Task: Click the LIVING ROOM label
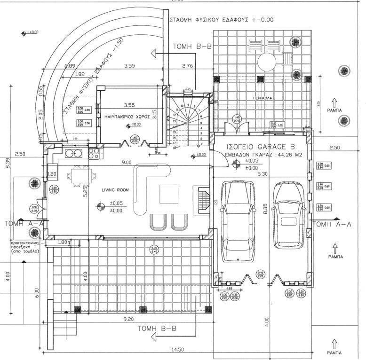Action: click(116, 189)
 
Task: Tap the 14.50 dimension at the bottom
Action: click(176, 349)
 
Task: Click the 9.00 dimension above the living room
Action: click(126, 163)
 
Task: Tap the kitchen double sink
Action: click(74, 153)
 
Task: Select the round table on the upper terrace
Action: click(266, 61)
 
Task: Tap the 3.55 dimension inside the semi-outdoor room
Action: click(126, 105)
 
